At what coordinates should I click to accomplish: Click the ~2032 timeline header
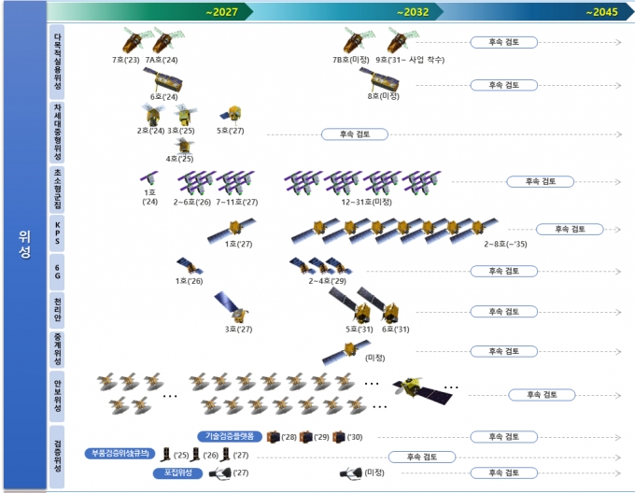click(412, 12)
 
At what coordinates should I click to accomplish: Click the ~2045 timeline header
click(601, 12)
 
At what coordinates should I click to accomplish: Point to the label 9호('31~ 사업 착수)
click(410, 59)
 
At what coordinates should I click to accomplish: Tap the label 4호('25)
click(179, 159)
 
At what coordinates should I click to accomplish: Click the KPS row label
click(60, 230)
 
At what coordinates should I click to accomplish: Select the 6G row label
click(60, 271)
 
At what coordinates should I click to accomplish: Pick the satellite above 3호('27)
click(229, 306)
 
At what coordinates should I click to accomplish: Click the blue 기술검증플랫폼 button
click(231, 436)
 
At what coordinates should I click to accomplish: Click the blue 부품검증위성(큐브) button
click(120, 454)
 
